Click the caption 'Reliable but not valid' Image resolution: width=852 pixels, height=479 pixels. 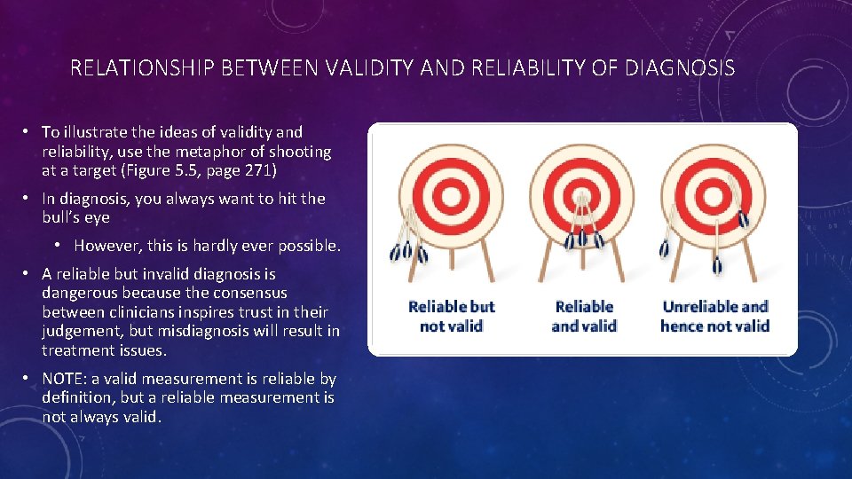[x=451, y=317]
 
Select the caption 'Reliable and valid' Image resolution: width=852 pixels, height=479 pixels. [x=584, y=317]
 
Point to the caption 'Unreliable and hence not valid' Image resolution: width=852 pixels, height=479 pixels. [x=714, y=317]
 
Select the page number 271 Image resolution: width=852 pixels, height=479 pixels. [x=264, y=171]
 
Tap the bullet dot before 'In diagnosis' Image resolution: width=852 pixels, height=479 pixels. [x=29, y=199]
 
